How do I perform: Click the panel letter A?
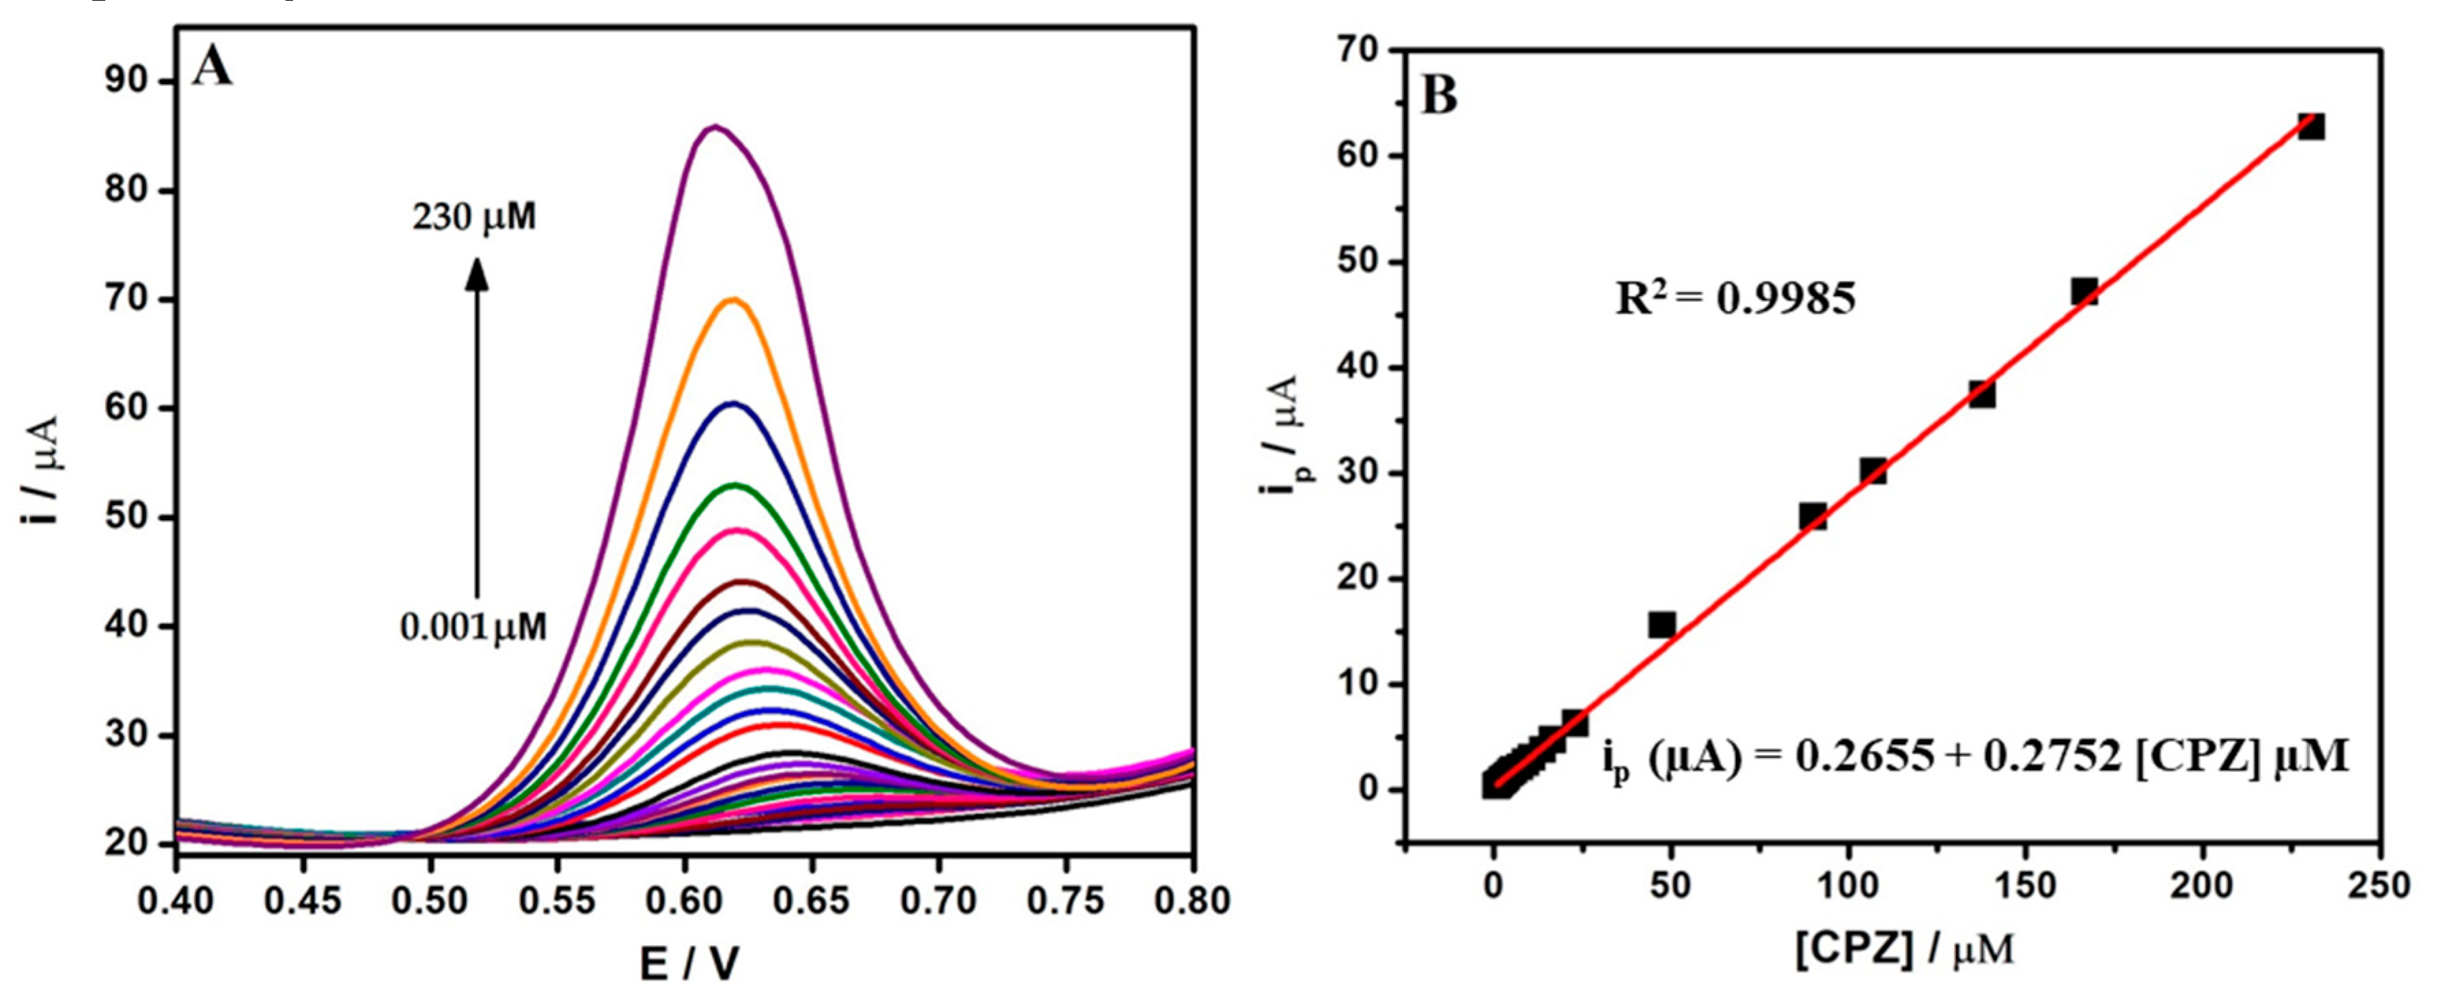(x=211, y=68)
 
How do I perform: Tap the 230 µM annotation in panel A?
(x=473, y=218)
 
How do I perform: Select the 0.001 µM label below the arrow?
(x=473, y=627)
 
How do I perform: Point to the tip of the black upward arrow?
(x=477, y=262)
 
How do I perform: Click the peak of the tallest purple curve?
(x=716, y=126)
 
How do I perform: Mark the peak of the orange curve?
(x=733, y=299)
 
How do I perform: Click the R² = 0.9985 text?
(x=1735, y=299)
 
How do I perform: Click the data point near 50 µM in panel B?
(x=1662, y=625)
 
